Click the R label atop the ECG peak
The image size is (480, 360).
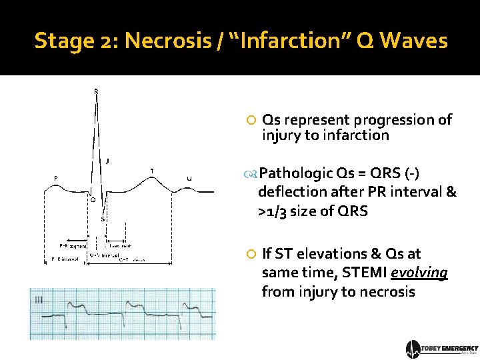pyautogui.click(x=96, y=91)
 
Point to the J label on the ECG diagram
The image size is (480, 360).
pyautogui.click(x=108, y=161)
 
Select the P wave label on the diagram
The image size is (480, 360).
pyautogui.click(x=56, y=177)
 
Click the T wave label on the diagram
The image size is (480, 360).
pyautogui.click(x=152, y=171)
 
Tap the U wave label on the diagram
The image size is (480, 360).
pyautogui.click(x=189, y=178)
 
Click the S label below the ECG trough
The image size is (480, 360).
pyautogui.click(x=103, y=219)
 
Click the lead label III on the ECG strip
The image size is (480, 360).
pyautogui.click(x=39, y=301)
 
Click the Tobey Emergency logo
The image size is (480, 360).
pyautogui.click(x=441, y=349)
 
